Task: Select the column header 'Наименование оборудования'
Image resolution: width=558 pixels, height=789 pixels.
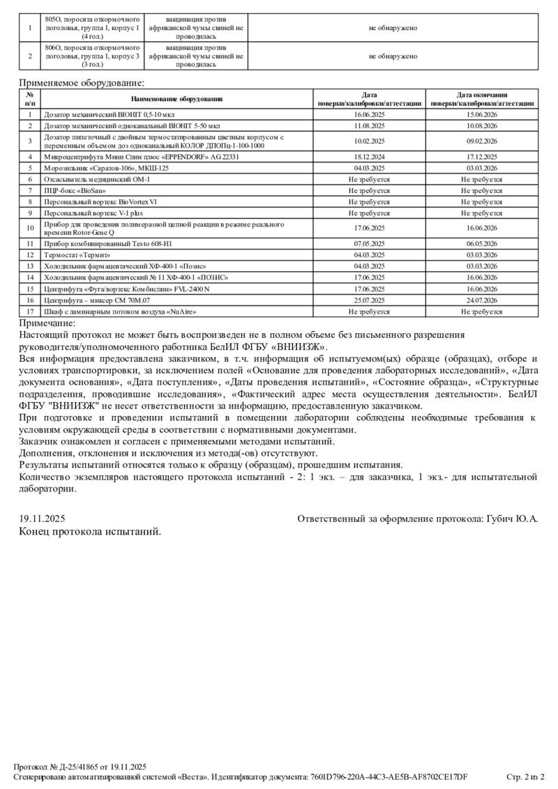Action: point(176,99)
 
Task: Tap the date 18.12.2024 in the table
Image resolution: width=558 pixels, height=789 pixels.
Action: point(369,157)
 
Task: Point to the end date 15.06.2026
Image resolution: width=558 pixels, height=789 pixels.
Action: point(482,114)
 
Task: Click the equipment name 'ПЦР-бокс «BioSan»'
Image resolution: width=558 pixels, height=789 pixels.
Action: point(75,190)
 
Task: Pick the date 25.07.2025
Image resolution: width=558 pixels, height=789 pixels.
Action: point(369,300)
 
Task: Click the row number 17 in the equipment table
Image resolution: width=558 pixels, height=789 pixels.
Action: point(30,312)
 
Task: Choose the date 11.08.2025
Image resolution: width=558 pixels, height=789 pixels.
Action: point(369,125)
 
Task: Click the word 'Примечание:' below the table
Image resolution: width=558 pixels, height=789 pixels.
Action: point(47,323)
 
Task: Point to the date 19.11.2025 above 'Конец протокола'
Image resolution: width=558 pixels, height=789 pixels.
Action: point(42,519)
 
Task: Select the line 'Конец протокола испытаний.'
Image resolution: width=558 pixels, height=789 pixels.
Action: point(90,532)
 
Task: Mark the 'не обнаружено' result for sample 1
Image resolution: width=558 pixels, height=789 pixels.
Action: point(393,28)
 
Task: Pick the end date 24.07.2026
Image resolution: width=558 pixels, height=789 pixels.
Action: point(482,300)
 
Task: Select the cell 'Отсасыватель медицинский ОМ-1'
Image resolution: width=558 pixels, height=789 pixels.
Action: point(97,179)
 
